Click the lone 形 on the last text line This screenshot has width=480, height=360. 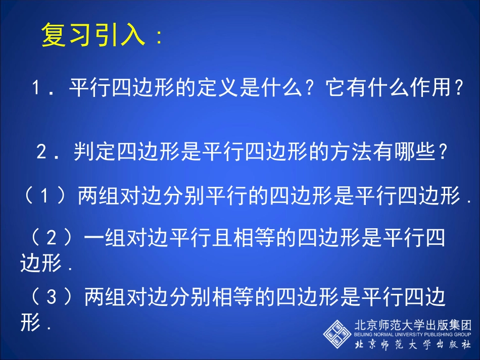[x=30, y=323]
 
